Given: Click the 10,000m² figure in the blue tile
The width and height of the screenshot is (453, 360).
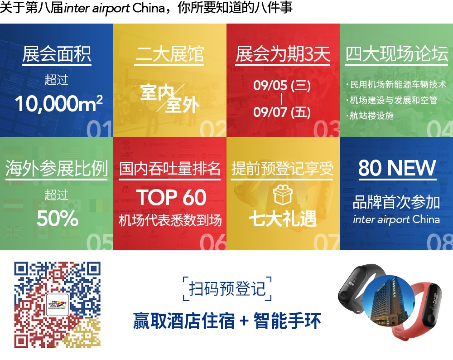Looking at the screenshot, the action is point(58,103).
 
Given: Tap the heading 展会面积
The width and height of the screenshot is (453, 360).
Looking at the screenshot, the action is point(57,54).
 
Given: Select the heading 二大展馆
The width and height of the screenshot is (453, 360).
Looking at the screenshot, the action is point(170,54).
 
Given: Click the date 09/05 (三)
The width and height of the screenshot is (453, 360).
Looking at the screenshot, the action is point(282,85).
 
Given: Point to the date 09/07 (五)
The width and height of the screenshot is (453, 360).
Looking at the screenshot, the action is point(282,112).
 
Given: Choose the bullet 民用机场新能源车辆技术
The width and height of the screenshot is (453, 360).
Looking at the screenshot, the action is point(396,84).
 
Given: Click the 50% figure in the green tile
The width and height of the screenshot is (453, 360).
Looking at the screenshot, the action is point(58,218).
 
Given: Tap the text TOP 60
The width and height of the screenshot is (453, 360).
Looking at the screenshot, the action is point(171,197).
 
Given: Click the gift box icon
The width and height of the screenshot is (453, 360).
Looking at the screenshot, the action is point(283,195).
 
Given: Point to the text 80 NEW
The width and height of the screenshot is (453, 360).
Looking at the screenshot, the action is point(397,168).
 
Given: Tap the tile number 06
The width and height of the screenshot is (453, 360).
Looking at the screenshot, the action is point(213,242).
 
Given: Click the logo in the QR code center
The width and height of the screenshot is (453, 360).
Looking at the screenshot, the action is point(58,305).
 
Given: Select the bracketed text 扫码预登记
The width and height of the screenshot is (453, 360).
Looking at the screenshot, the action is point(227,288).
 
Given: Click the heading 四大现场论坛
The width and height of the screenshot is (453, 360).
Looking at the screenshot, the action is point(397,54).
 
